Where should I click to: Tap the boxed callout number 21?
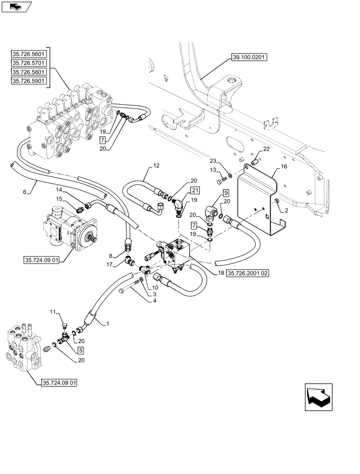tap(196, 190)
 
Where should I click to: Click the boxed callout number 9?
tap(225, 193)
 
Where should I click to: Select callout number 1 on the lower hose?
tap(108, 323)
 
